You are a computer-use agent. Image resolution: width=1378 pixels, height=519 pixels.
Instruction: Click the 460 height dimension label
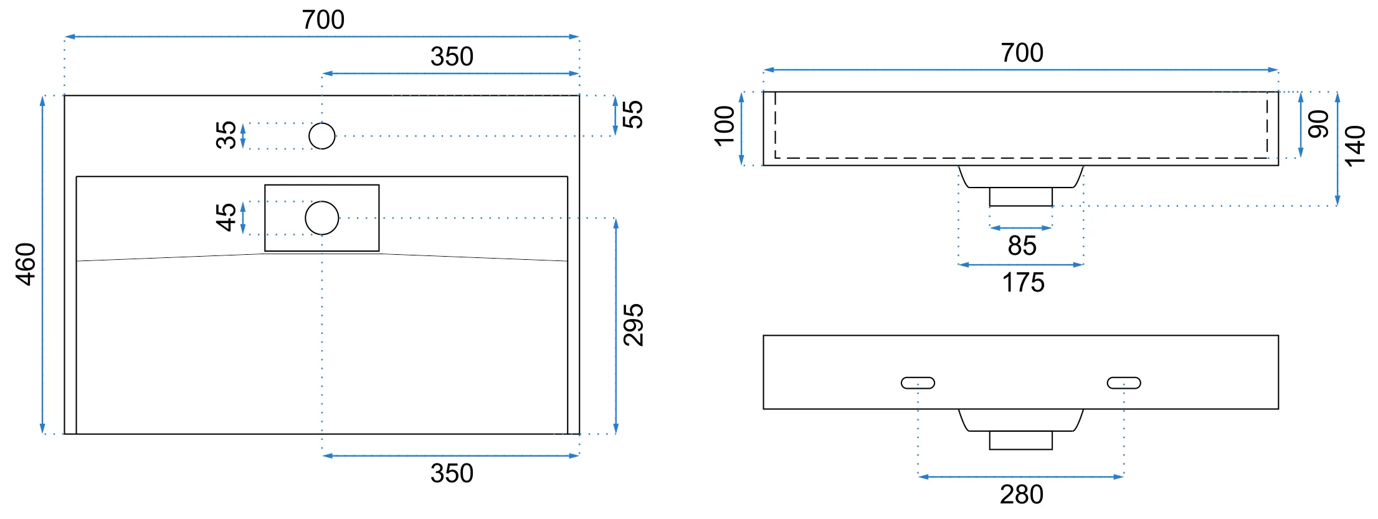pyautogui.click(x=26, y=264)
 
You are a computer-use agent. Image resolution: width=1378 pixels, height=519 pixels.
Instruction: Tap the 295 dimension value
pyautogui.click(x=634, y=325)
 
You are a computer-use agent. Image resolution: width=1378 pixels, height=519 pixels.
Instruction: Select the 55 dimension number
pyautogui.click(x=632, y=115)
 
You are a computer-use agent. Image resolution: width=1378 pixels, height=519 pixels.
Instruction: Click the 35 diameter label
pyautogui.click(x=226, y=135)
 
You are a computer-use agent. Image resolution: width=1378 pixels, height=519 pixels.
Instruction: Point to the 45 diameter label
pyautogui.click(x=226, y=217)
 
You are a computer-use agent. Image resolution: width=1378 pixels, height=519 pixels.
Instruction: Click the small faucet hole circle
pyautogui.click(x=322, y=136)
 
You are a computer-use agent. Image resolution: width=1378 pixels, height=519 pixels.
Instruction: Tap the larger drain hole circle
pyautogui.click(x=322, y=218)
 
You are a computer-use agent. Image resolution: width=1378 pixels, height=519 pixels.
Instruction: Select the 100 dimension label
pyautogui.click(x=725, y=126)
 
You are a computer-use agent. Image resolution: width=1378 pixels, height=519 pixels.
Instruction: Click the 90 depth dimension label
pyautogui.click(x=1318, y=124)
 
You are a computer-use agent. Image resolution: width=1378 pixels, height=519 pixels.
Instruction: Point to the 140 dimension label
pyautogui.click(x=1355, y=146)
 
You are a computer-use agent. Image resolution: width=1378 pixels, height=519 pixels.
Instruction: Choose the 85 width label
pyautogui.click(x=1022, y=245)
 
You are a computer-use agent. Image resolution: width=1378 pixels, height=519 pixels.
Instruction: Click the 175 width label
pyautogui.click(x=1023, y=282)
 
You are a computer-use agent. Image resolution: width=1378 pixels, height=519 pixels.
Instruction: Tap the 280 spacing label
pyautogui.click(x=1022, y=494)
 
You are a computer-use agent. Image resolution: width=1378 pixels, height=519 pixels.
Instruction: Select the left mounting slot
pyautogui.click(x=918, y=383)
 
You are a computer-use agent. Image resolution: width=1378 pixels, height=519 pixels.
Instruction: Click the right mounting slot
pyautogui.click(x=1124, y=383)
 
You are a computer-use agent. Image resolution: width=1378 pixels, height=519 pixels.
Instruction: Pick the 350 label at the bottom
pyautogui.click(x=452, y=474)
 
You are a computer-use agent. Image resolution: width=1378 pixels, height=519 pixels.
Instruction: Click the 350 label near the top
pyautogui.click(x=452, y=57)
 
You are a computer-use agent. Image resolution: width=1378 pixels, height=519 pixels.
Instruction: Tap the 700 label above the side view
pyautogui.click(x=1022, y=53)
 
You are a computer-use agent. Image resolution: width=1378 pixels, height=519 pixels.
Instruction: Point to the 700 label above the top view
pyautogui.click(x=323, y=20)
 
